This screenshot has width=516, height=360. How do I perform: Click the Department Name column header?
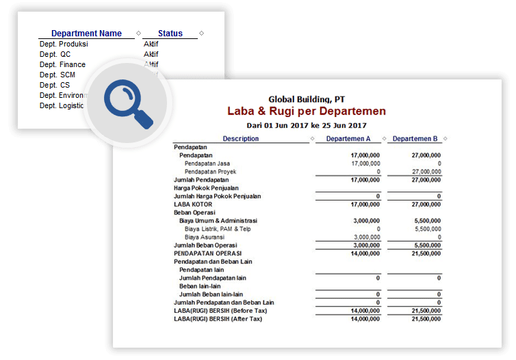86,34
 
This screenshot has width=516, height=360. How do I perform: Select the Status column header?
170,34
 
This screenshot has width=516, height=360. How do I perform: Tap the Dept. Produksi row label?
64,44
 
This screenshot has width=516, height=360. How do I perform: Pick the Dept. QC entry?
55,54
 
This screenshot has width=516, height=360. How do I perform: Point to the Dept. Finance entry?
62,64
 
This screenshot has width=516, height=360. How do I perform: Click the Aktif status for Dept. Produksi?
151,44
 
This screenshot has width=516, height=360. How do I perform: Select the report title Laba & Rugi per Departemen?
307,111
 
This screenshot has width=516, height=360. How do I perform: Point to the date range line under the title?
307,125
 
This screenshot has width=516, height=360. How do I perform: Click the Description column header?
241,139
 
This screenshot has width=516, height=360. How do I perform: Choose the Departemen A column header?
348,139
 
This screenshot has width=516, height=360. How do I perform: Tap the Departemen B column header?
415,139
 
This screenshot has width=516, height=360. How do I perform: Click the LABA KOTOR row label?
193,204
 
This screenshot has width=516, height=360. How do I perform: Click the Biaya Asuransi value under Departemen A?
365,237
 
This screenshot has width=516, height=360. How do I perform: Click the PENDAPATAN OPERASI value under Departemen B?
426,253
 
